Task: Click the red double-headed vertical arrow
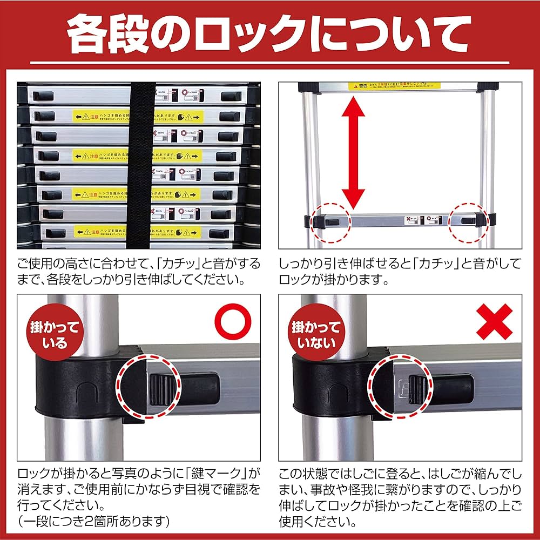(354, 153)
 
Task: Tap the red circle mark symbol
(234, 323)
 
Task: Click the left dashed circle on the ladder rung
(329, 221)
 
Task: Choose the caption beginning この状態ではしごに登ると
(400, 498)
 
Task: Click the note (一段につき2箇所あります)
(94, 522)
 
